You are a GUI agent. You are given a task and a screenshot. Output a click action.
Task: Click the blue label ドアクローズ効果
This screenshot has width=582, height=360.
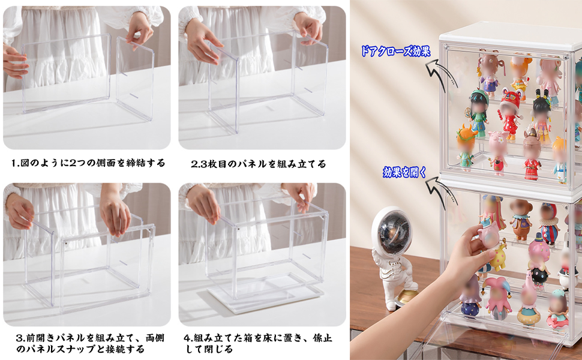coord(395,51)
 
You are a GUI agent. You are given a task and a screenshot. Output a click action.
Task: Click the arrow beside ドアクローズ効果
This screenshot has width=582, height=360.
coord(436,74)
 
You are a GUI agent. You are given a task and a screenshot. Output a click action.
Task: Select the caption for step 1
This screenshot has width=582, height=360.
coord(88,163)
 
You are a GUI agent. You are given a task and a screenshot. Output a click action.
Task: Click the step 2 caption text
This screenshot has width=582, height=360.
coord(259,163)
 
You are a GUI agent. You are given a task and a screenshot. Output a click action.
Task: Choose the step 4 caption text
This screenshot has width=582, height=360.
coord(258,343)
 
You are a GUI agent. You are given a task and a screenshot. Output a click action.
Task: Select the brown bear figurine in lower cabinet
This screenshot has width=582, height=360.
coord(520,218)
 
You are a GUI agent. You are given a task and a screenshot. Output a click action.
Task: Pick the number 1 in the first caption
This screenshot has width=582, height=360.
coord(14,163)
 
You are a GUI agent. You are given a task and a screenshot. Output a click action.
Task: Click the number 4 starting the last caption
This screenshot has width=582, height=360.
coord(187,337)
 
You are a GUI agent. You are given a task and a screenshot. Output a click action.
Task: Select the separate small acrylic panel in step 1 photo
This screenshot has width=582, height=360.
coord(135,78)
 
